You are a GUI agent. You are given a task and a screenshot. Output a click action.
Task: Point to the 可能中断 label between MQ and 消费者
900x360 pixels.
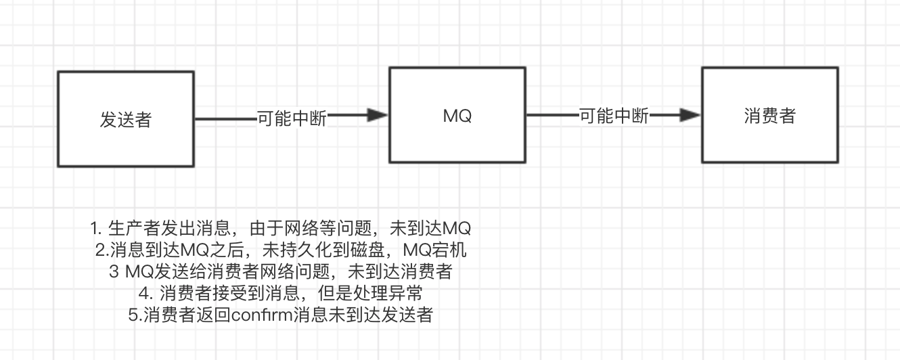(x=614, y=116)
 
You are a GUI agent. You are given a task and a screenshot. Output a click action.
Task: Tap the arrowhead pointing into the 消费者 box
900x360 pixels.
(x=690, y=116)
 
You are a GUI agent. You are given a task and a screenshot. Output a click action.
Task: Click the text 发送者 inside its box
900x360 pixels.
(x=126, y=120)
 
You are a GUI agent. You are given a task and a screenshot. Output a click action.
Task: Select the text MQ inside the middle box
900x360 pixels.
(x=457, y=116)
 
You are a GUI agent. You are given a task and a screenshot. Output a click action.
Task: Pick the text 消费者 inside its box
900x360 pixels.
(x=769, y=116)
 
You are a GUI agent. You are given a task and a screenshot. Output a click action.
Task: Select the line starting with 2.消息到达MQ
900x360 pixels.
(x=281, y=250)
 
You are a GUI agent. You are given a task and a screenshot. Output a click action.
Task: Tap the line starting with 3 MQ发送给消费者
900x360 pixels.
(x=280, y=272)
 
